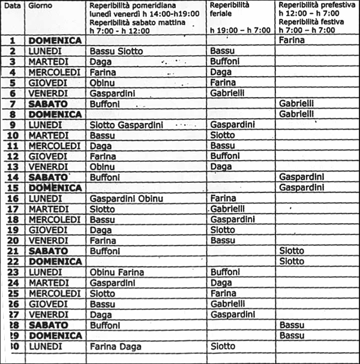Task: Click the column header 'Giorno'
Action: (41, 5)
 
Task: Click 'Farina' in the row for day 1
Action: (292, 41)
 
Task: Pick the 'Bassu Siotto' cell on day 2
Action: (116, 51)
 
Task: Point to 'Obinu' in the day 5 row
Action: (102, 82)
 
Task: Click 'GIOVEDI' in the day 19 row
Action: (47, 230)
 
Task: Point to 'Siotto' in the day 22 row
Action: (292, 261)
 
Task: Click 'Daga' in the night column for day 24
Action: (221, 282)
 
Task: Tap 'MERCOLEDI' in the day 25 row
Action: (55, 293)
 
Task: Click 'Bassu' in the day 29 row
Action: (292, 335)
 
